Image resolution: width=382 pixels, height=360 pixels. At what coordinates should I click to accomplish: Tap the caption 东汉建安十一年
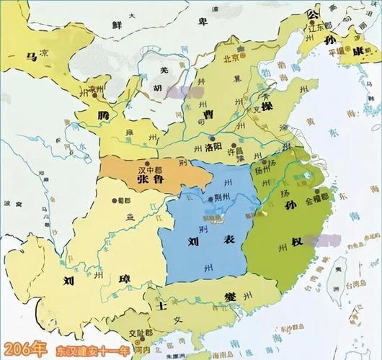coord(86,350)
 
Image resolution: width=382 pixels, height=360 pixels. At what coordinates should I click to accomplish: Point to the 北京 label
coord(232,59)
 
